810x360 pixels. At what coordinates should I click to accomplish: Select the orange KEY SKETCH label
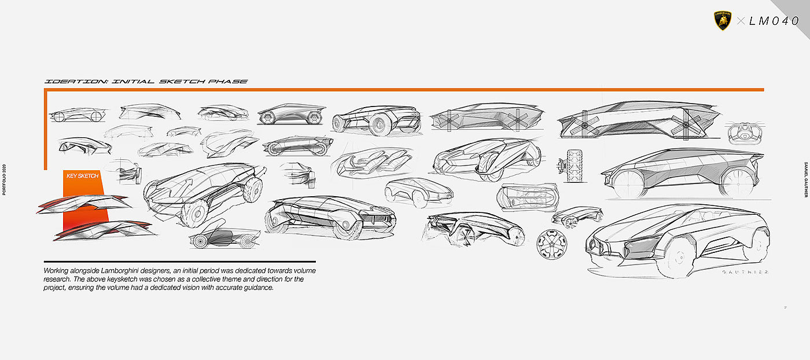pyautogui.click(x=83, y=175)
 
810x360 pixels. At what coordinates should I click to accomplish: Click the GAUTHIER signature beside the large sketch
pyautogui.click(x=746, y=271)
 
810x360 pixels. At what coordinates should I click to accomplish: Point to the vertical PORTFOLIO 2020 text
pyautogui.click(x=5, y=179)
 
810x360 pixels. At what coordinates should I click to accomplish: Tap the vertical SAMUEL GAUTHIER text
pyautogui.click(x=805, y=179)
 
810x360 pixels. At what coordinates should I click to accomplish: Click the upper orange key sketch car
pyautogui.click(x=84, y=203)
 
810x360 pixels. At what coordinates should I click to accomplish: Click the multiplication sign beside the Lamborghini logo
pyautogui.click(x=741, y=21)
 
